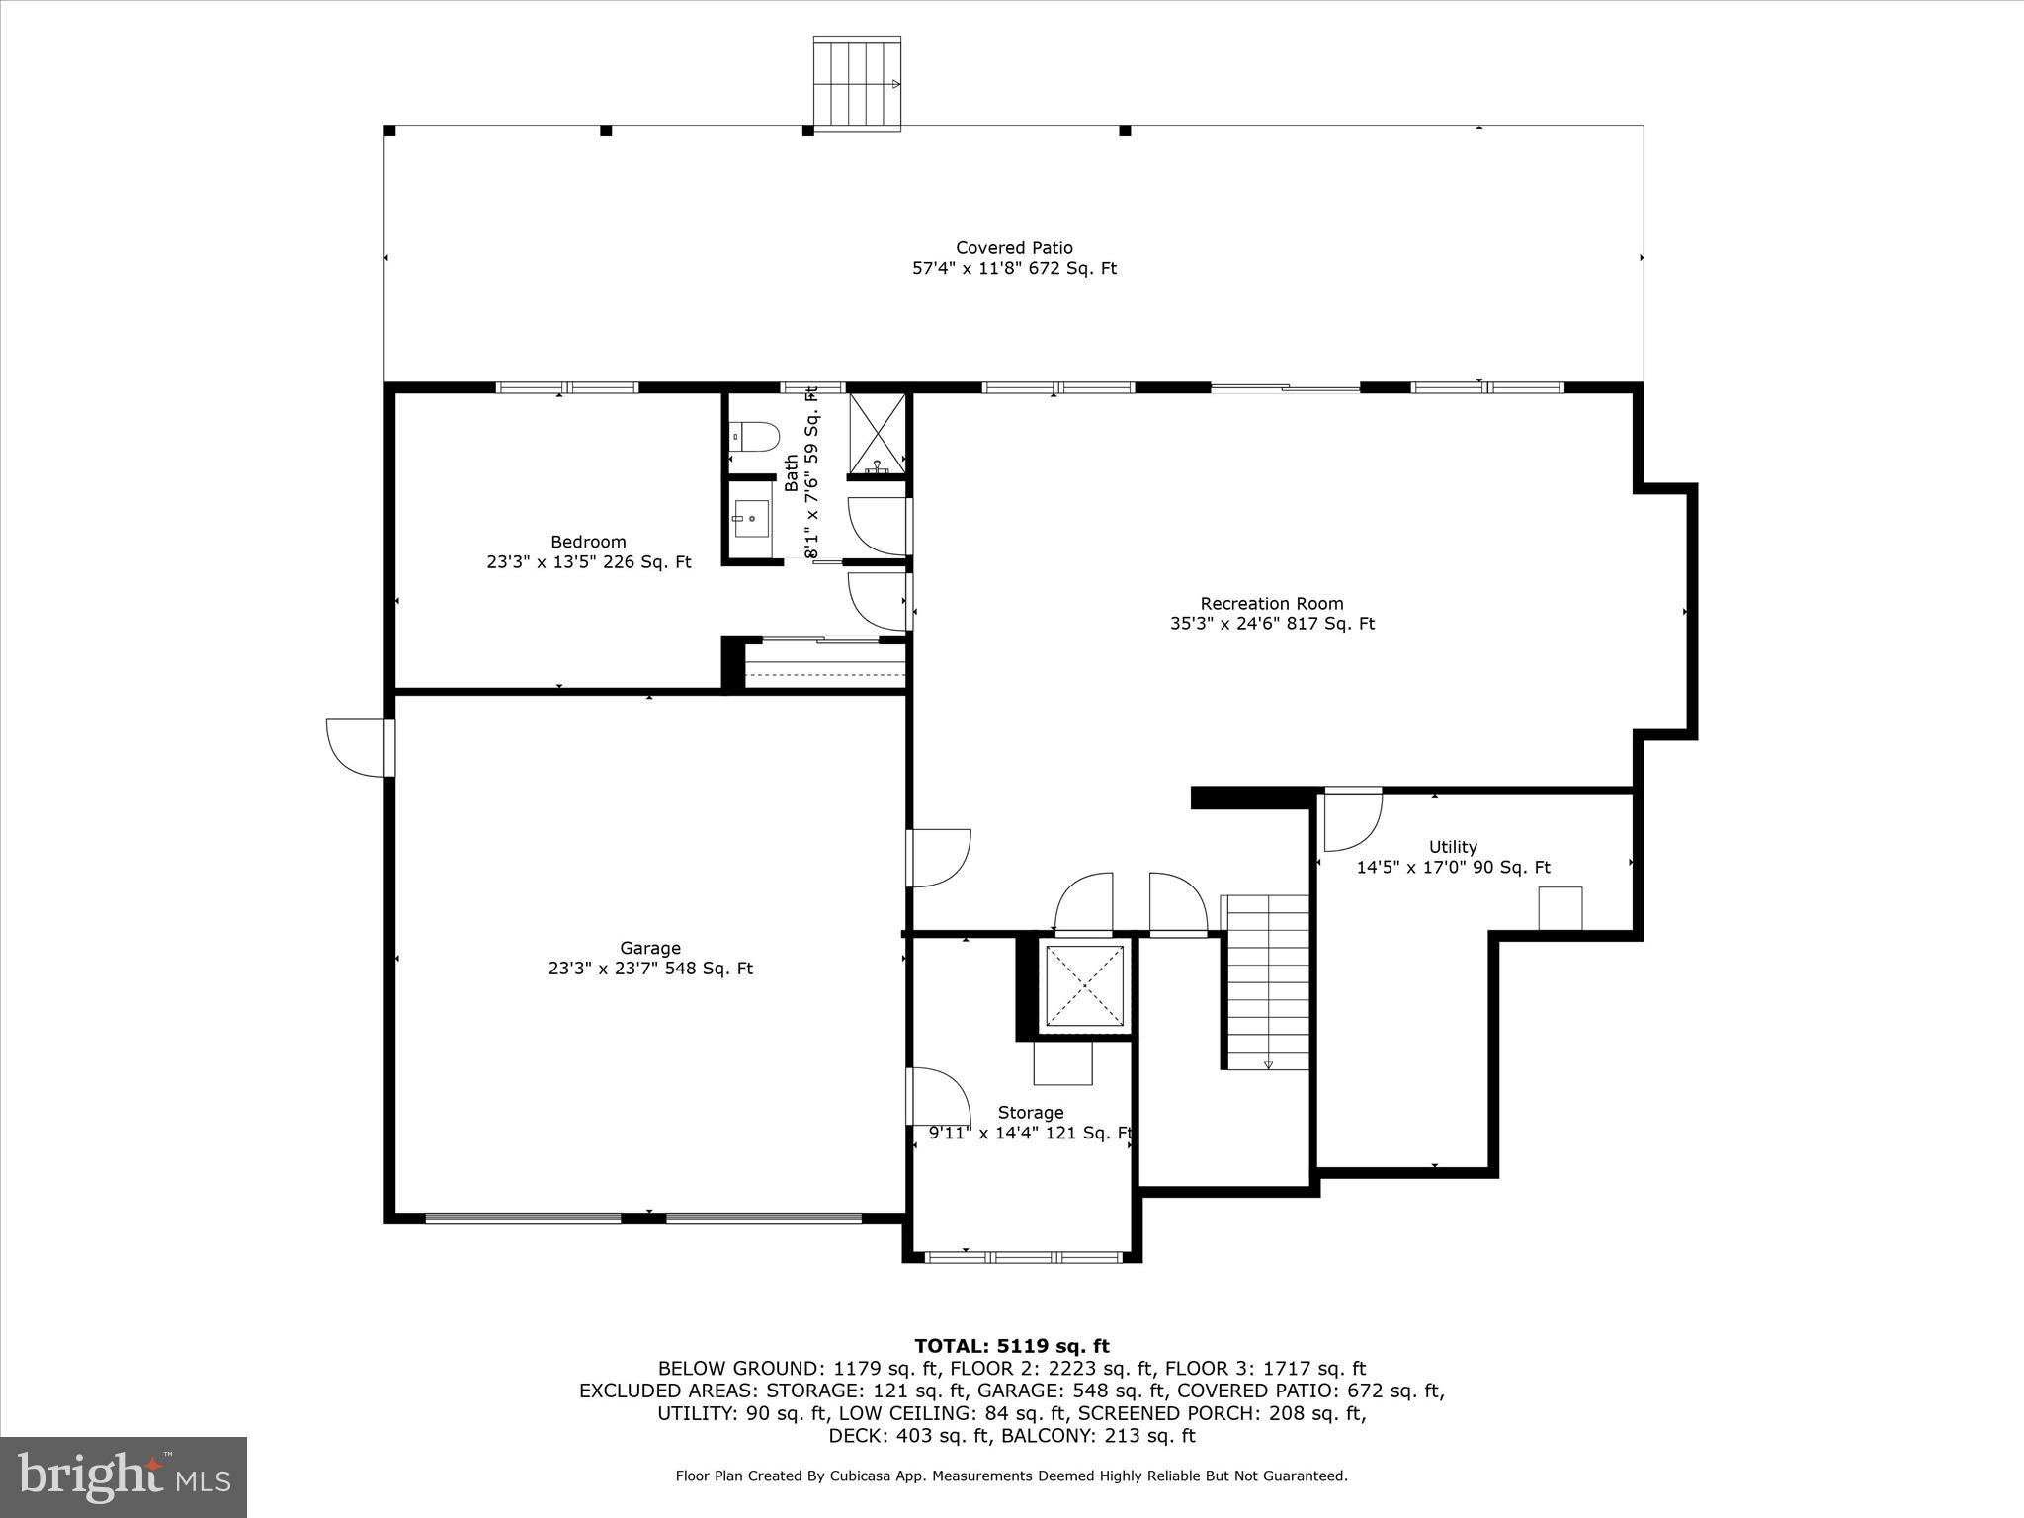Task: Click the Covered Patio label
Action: click(1014, 248)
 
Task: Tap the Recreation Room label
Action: click(1272, 604)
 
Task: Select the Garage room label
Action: click(650, 949)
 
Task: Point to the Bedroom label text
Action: click(588, 542)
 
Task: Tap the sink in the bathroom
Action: click(751, 518)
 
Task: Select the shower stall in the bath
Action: click(877, 434)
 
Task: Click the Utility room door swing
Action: click(1351, 820)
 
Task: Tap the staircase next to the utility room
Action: click(1268, 982)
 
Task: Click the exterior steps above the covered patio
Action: click(857, 83)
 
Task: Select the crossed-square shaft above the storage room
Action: click(1084, 985)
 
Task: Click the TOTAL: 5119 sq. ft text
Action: click(1011, 1346)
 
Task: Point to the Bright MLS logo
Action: click(124, 1476)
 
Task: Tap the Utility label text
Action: click(1453, 847)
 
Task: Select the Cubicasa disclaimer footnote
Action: click(1011, 1476)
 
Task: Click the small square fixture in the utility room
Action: click(1560, 908)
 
